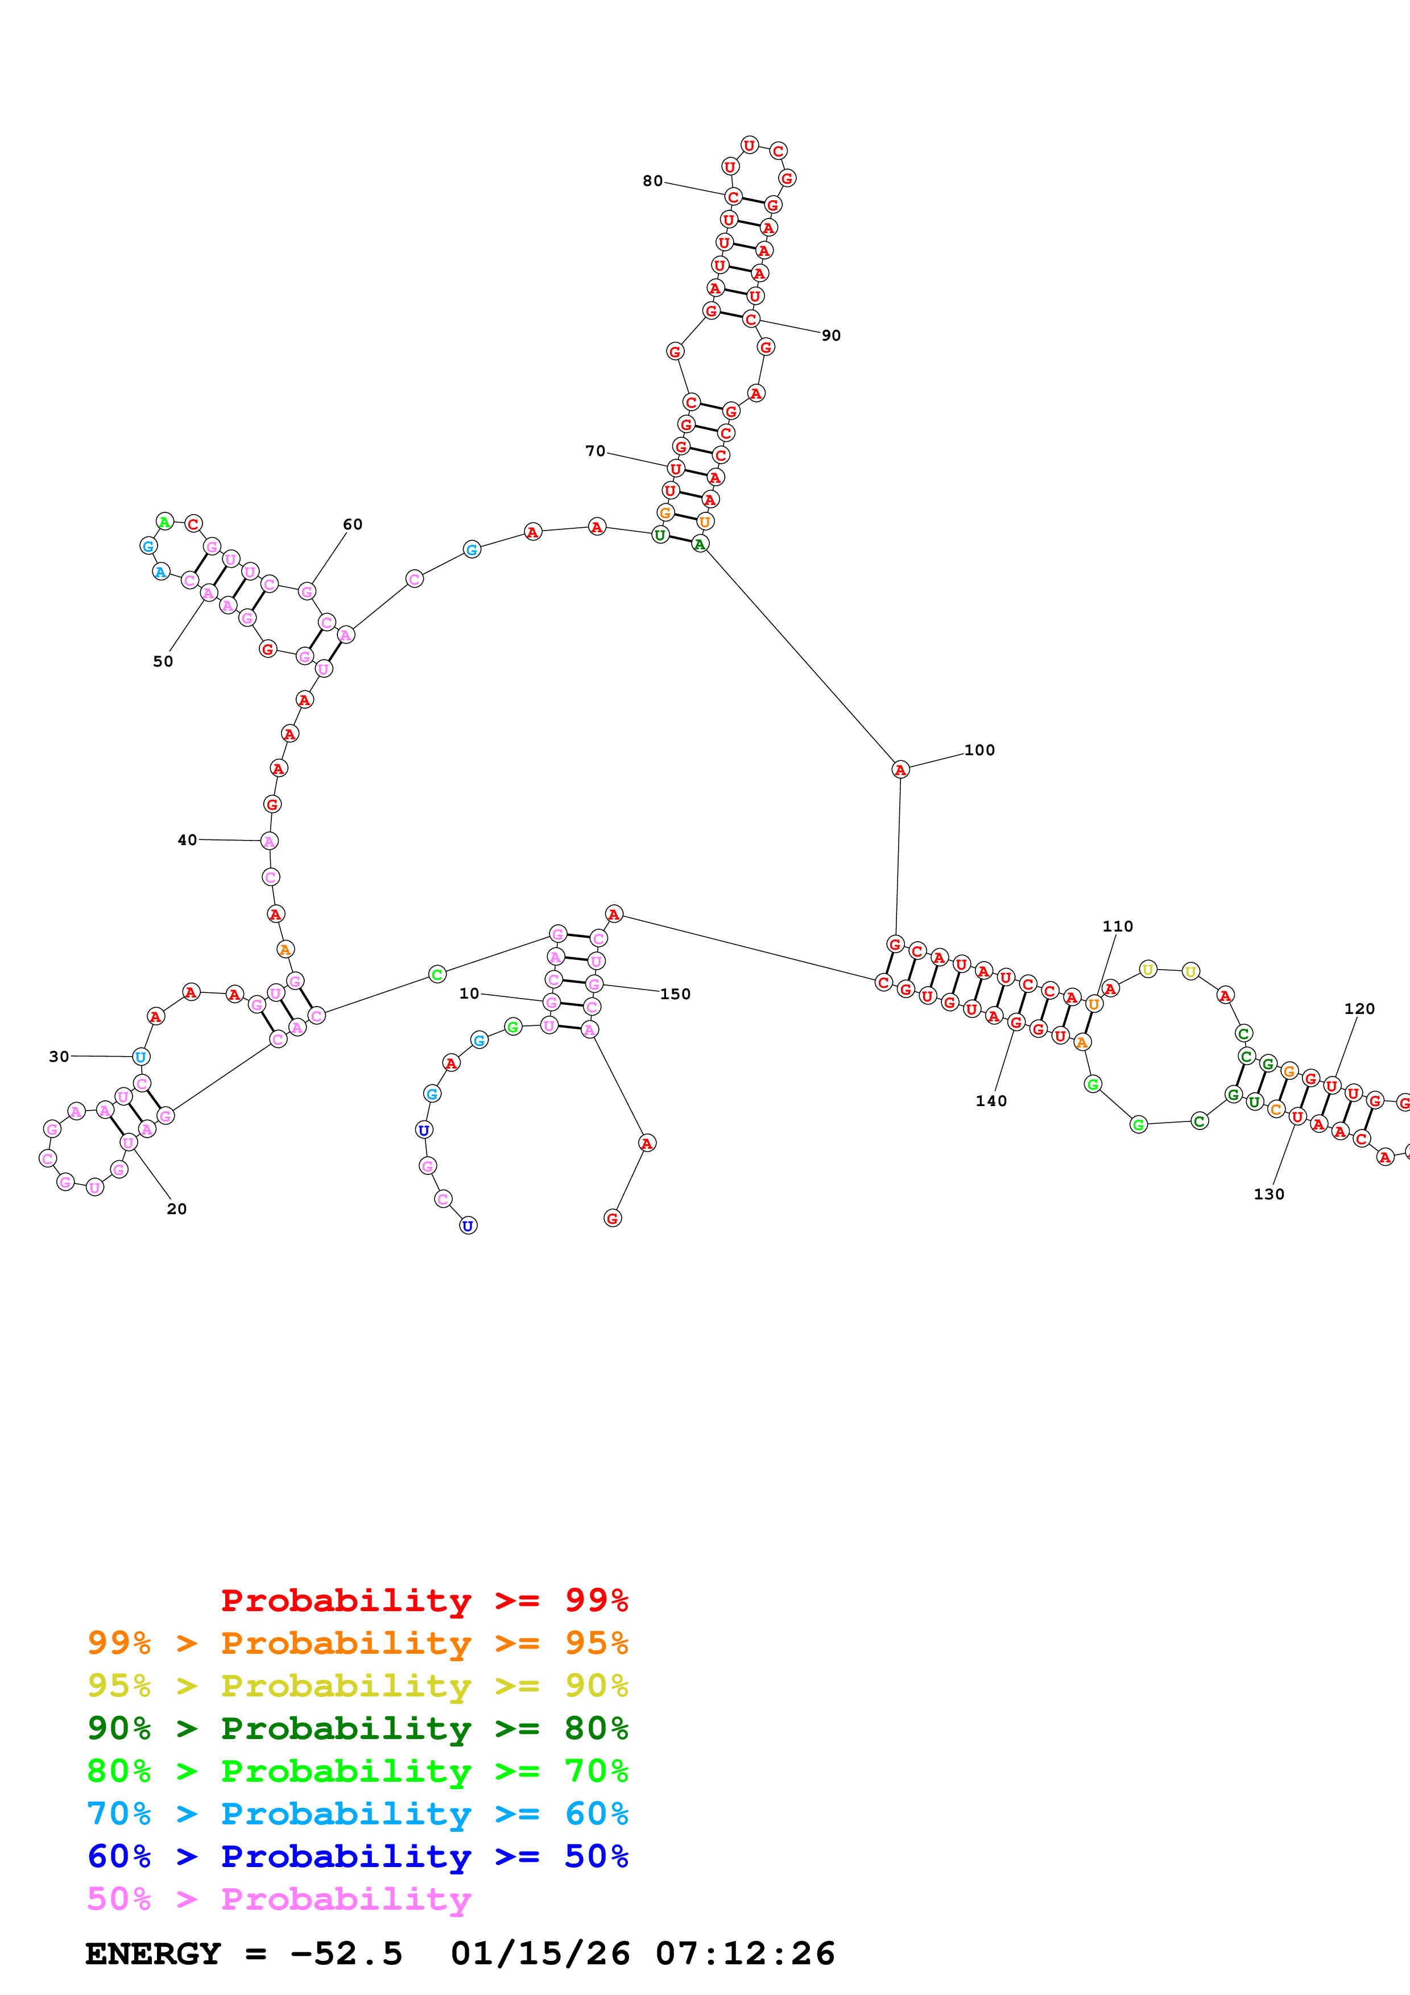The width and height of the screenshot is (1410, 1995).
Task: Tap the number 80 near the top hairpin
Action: point(652,181)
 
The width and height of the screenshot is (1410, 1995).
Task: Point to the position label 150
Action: point(675,994)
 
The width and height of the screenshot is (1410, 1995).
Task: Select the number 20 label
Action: point(176,1208)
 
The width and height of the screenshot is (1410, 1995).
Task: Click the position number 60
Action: point(353,524)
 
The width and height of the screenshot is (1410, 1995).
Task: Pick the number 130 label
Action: point(1268,1194)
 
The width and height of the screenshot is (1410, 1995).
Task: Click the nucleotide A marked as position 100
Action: point(901,769)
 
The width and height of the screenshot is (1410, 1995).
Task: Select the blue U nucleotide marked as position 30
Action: point(140,1057)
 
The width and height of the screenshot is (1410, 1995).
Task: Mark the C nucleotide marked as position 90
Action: point(751,319)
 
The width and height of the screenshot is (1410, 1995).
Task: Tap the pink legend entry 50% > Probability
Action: point(279,1898)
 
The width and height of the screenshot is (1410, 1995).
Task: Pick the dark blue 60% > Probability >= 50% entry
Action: point(357,1856)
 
